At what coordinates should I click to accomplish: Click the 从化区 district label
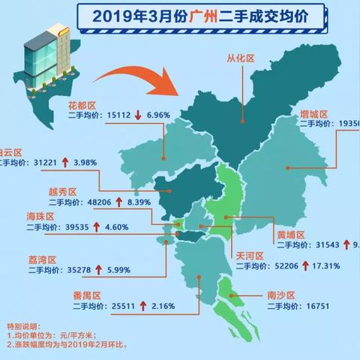tap(242, 56)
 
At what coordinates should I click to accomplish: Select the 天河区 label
tap(250, 255)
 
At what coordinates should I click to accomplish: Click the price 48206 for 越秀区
tap(102, 202)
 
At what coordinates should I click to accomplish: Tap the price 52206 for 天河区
tap(296, 266)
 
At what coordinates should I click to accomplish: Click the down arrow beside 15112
tap(140, 117)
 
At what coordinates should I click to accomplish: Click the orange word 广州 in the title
tap(199, 14)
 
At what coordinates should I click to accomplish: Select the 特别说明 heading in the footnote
tap(20, 328)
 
